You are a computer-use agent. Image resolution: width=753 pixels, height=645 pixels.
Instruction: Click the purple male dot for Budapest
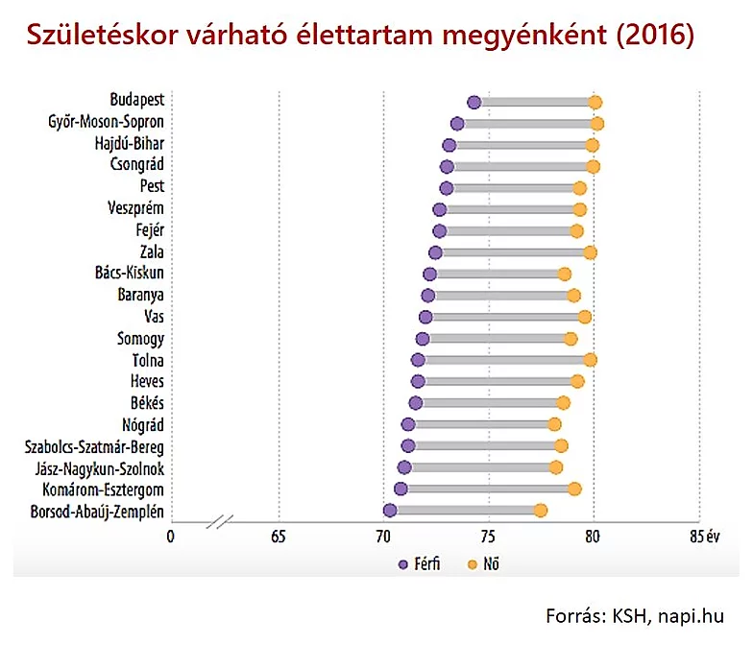474,103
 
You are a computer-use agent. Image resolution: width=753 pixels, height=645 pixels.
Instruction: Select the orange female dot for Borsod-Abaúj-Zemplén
541,511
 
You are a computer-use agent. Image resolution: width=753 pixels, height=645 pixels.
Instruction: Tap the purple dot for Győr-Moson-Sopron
457,124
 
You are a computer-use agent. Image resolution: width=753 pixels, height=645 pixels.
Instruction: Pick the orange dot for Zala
590,252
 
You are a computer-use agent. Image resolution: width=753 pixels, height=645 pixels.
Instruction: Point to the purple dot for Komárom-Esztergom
401,489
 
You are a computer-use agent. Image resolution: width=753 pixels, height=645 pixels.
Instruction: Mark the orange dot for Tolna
590,360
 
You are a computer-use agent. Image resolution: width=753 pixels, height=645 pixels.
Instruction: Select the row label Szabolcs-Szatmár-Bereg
91,446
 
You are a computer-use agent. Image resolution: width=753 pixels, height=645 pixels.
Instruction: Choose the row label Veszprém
136,209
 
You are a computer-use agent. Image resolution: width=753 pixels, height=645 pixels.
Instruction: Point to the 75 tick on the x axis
488,536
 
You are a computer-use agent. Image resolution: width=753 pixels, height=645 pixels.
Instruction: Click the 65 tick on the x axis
279,536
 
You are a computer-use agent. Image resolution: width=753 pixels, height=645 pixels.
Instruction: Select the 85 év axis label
704,536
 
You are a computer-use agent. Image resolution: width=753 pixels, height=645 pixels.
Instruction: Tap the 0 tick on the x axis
171,536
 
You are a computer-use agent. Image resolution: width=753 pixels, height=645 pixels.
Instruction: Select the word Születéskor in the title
90,36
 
